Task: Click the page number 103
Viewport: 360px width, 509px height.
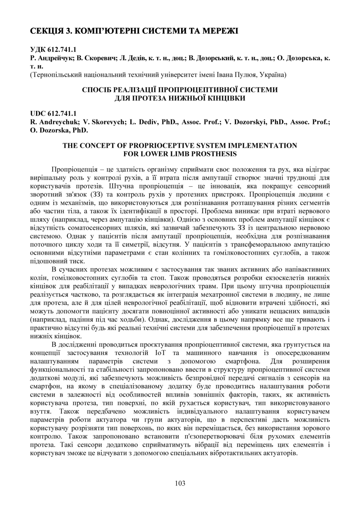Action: [180, 483]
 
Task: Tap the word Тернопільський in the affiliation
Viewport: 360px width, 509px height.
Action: [55, 74]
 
